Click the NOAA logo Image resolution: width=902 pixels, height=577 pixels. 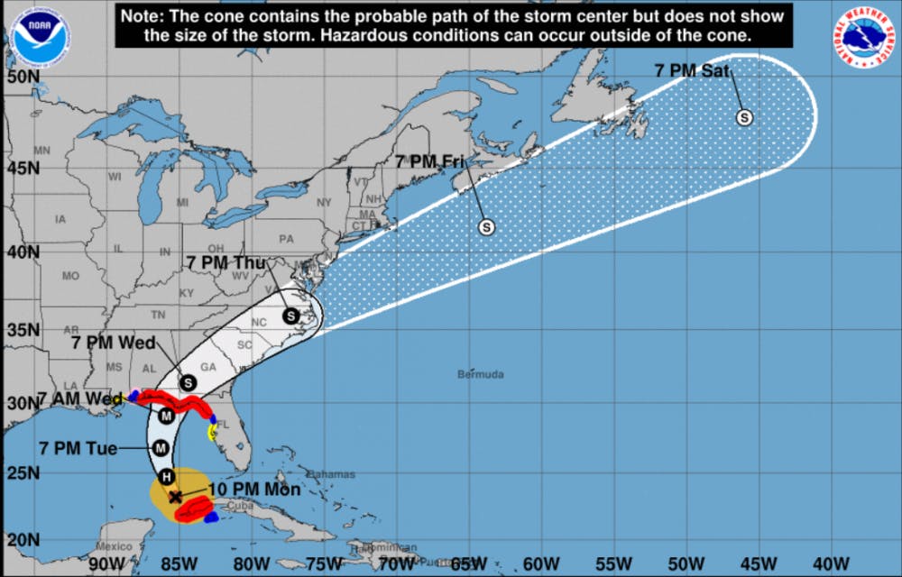40,37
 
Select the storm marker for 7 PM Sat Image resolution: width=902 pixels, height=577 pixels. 745,116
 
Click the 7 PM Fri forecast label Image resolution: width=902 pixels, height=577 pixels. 428,162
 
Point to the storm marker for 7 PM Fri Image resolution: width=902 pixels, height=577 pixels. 486,226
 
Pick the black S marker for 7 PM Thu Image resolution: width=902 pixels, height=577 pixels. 290,316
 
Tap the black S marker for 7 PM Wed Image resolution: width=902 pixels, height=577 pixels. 189,382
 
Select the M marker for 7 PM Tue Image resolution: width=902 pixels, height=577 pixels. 161,447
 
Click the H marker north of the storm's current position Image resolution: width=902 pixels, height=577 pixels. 166,476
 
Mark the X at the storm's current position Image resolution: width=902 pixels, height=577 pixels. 174,496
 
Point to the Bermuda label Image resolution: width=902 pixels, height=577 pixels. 480,374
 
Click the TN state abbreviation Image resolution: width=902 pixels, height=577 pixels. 159,315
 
